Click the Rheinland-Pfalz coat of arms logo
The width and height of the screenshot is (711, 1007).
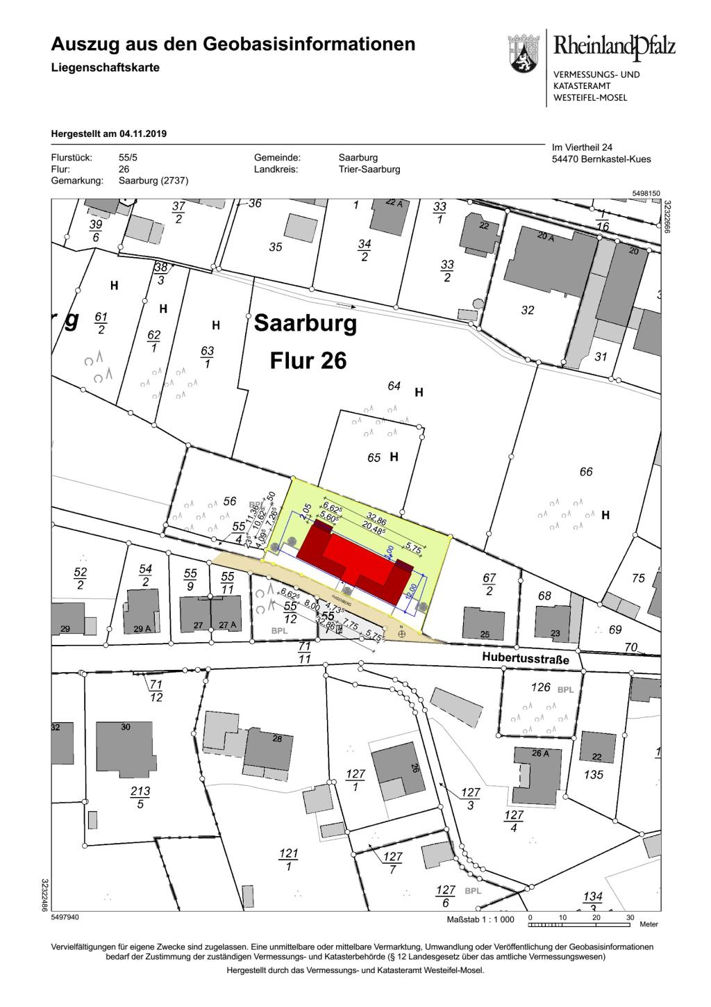523,55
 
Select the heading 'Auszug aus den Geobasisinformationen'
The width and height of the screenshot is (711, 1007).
233,45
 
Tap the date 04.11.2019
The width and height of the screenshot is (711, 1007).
143,133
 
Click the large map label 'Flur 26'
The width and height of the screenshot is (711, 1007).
308,361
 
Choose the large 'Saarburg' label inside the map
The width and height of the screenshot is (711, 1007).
306,323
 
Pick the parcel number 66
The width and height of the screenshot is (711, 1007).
586,472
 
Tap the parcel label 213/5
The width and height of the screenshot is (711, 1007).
140,797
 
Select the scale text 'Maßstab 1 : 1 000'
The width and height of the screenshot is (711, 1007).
480,919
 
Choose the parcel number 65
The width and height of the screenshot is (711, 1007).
374,458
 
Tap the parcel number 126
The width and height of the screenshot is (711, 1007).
540,688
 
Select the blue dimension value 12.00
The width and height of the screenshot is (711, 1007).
412,593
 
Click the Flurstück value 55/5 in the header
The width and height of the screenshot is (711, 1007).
128,158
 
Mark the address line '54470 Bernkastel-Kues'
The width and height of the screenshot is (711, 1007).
601,159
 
